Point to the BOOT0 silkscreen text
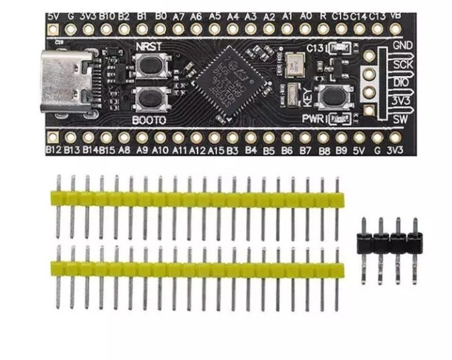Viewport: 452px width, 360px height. click(149, 121)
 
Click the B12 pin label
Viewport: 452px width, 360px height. click(53, 151)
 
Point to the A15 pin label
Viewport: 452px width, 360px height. click(215, 151)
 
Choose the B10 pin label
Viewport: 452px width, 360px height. click(107, 16)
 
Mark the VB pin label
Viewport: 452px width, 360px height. click(396, 15)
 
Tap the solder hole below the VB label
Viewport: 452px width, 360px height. click(396, 30)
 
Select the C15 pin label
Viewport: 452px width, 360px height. click(341, 15)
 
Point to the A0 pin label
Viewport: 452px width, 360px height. click(306, 15)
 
